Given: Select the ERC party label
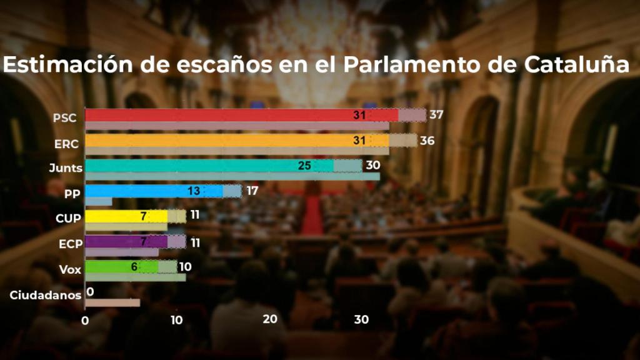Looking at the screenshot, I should tap(66, 144).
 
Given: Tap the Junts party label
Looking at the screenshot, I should tap(66, 167).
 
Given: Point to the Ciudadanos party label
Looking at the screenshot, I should tap(46, 295).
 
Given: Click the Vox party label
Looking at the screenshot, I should tap(70, 269).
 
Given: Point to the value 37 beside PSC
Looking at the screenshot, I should tap(436, 115).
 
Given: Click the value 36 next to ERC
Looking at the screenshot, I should tap(427, 141).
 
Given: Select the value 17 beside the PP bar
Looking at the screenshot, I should tap(252, 191).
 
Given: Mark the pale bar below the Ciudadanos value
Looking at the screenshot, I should tap(112, 303).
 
